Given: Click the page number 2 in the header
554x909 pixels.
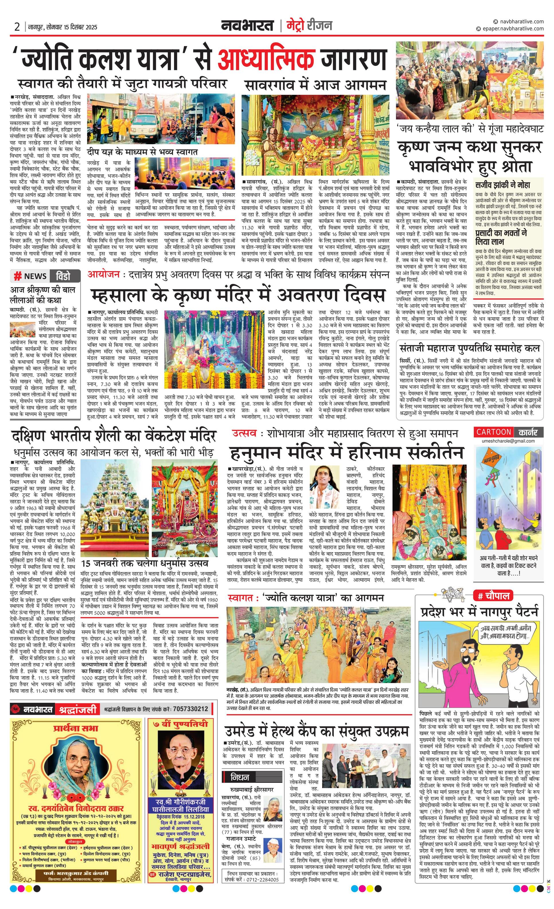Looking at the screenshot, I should [17, 27].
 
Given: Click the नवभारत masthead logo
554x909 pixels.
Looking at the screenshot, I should [247, 26].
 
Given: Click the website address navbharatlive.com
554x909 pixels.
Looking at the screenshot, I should [521, 21].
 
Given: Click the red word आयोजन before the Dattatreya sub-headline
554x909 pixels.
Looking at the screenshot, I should [104, 274].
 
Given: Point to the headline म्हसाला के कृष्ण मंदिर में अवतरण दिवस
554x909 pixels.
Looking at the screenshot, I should [238, 295].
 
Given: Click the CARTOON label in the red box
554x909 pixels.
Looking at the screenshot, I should [493, 432].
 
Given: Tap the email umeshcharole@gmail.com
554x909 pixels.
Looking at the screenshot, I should [508, 441].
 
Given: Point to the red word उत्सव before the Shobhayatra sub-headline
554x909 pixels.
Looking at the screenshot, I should [244, 433].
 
